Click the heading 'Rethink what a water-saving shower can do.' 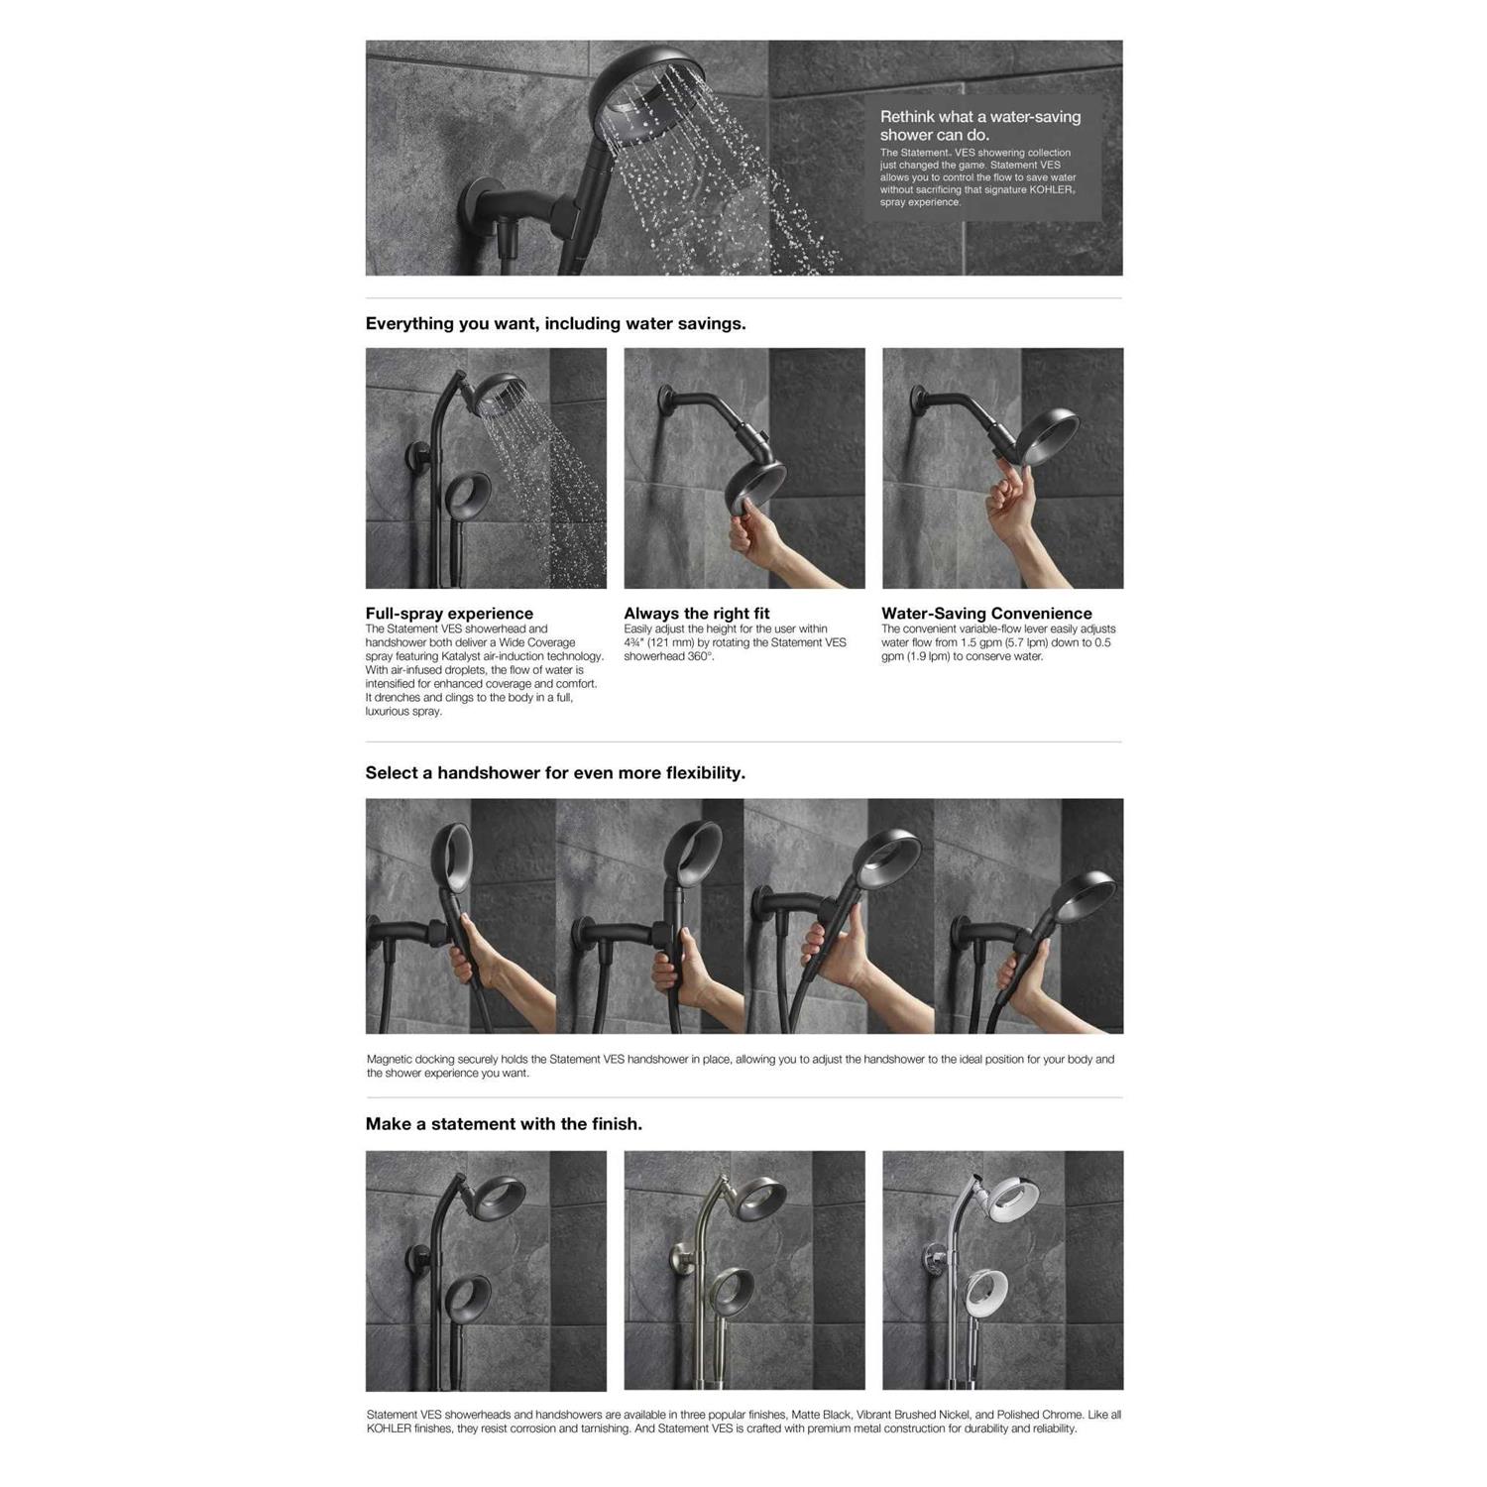point(979,125)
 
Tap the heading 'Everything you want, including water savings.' point(555,323)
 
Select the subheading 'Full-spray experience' point(449,613)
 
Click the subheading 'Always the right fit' point(696,613)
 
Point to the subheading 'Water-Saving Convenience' point(986,613)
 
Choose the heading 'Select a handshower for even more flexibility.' point(555,772)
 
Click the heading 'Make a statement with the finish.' point(504,1123)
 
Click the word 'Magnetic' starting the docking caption point(390,1059)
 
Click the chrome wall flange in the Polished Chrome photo point(933,1256)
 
